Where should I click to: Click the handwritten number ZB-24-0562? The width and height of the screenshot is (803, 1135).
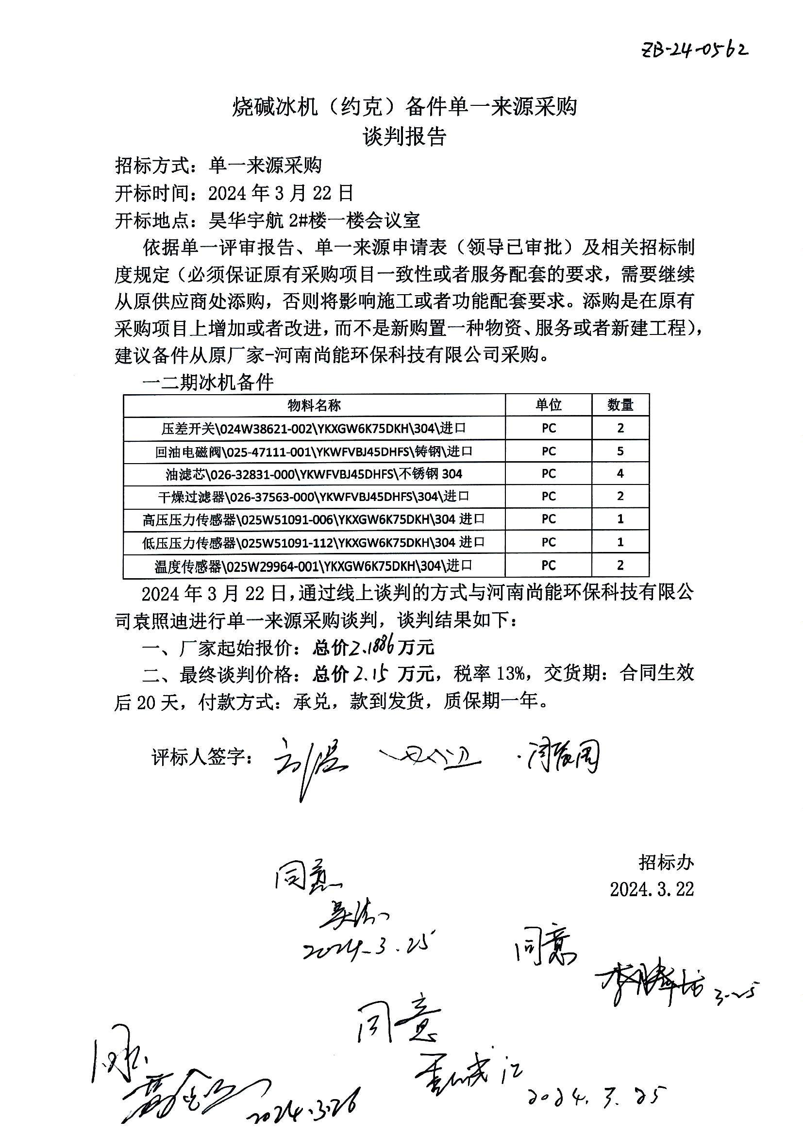click(694, 49)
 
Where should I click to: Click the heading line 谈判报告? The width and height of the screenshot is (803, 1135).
click(404, 136)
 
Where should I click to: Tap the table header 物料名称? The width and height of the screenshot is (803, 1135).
click(314, 405)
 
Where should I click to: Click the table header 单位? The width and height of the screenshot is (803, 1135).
click(548, 405)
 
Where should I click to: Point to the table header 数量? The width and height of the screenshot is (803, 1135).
click(620, 405)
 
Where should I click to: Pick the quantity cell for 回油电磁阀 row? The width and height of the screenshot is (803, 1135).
click(620, 451)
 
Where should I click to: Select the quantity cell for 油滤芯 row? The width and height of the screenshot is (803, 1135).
click(620, 474)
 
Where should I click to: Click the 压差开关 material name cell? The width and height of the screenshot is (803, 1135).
click(314, 428)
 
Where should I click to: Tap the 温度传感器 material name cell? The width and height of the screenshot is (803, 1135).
click(314, 566)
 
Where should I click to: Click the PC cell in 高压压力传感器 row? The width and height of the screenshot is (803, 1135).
click(548, 519)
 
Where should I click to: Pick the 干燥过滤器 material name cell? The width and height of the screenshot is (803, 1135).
click(314, 496)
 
